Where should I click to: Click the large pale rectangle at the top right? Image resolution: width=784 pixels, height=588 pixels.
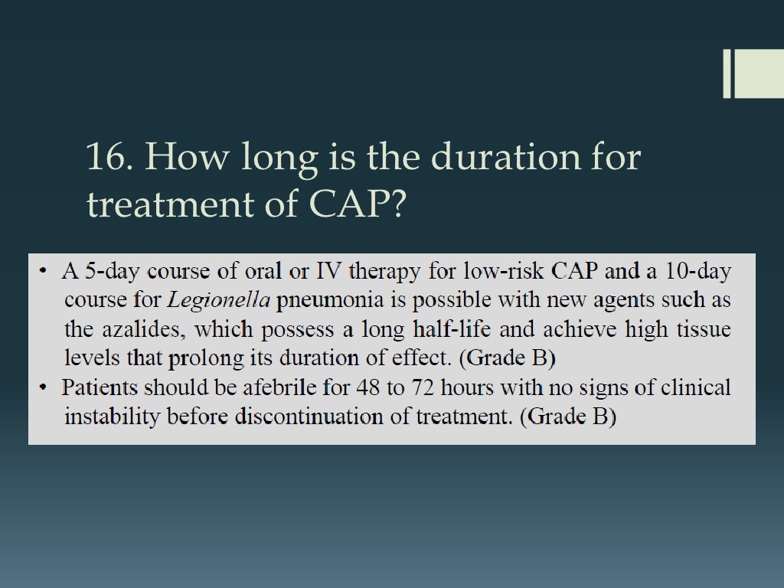pyautogui.click(x=759, y=73)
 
